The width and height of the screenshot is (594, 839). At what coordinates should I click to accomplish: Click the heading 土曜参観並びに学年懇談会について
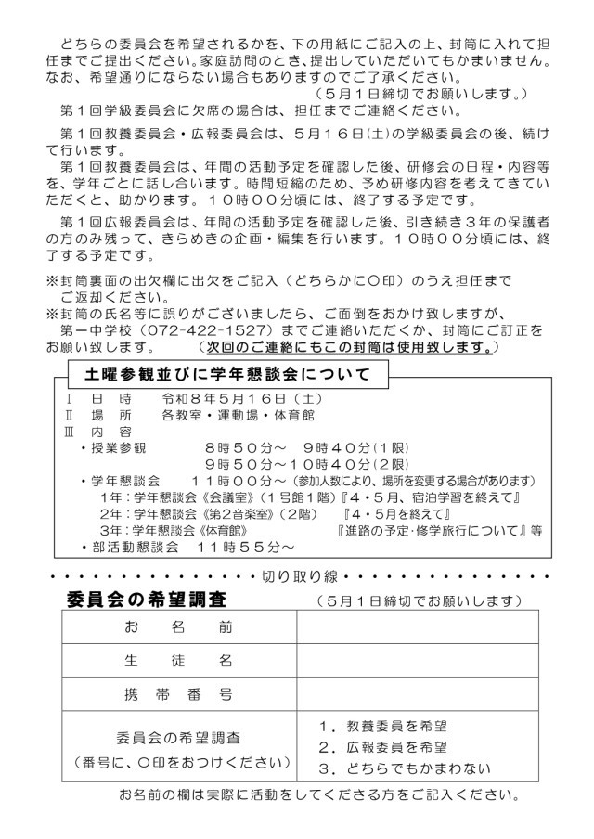coord(227,375)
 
